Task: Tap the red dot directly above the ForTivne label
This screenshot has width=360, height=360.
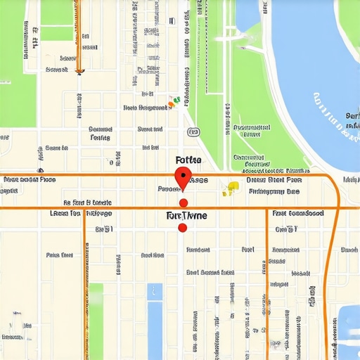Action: tap(184, 203)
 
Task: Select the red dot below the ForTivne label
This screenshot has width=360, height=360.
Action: tap(183, 228)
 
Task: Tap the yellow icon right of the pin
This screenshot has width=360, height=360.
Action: tap(230, 188)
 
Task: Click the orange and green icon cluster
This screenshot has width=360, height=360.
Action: tap(173, 103)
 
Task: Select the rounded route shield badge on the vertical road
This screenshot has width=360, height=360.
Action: tap(192, 131)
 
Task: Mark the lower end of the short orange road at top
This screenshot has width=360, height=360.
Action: tap(79, 70)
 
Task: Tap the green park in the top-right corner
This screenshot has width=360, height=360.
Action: tap(348, 18)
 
